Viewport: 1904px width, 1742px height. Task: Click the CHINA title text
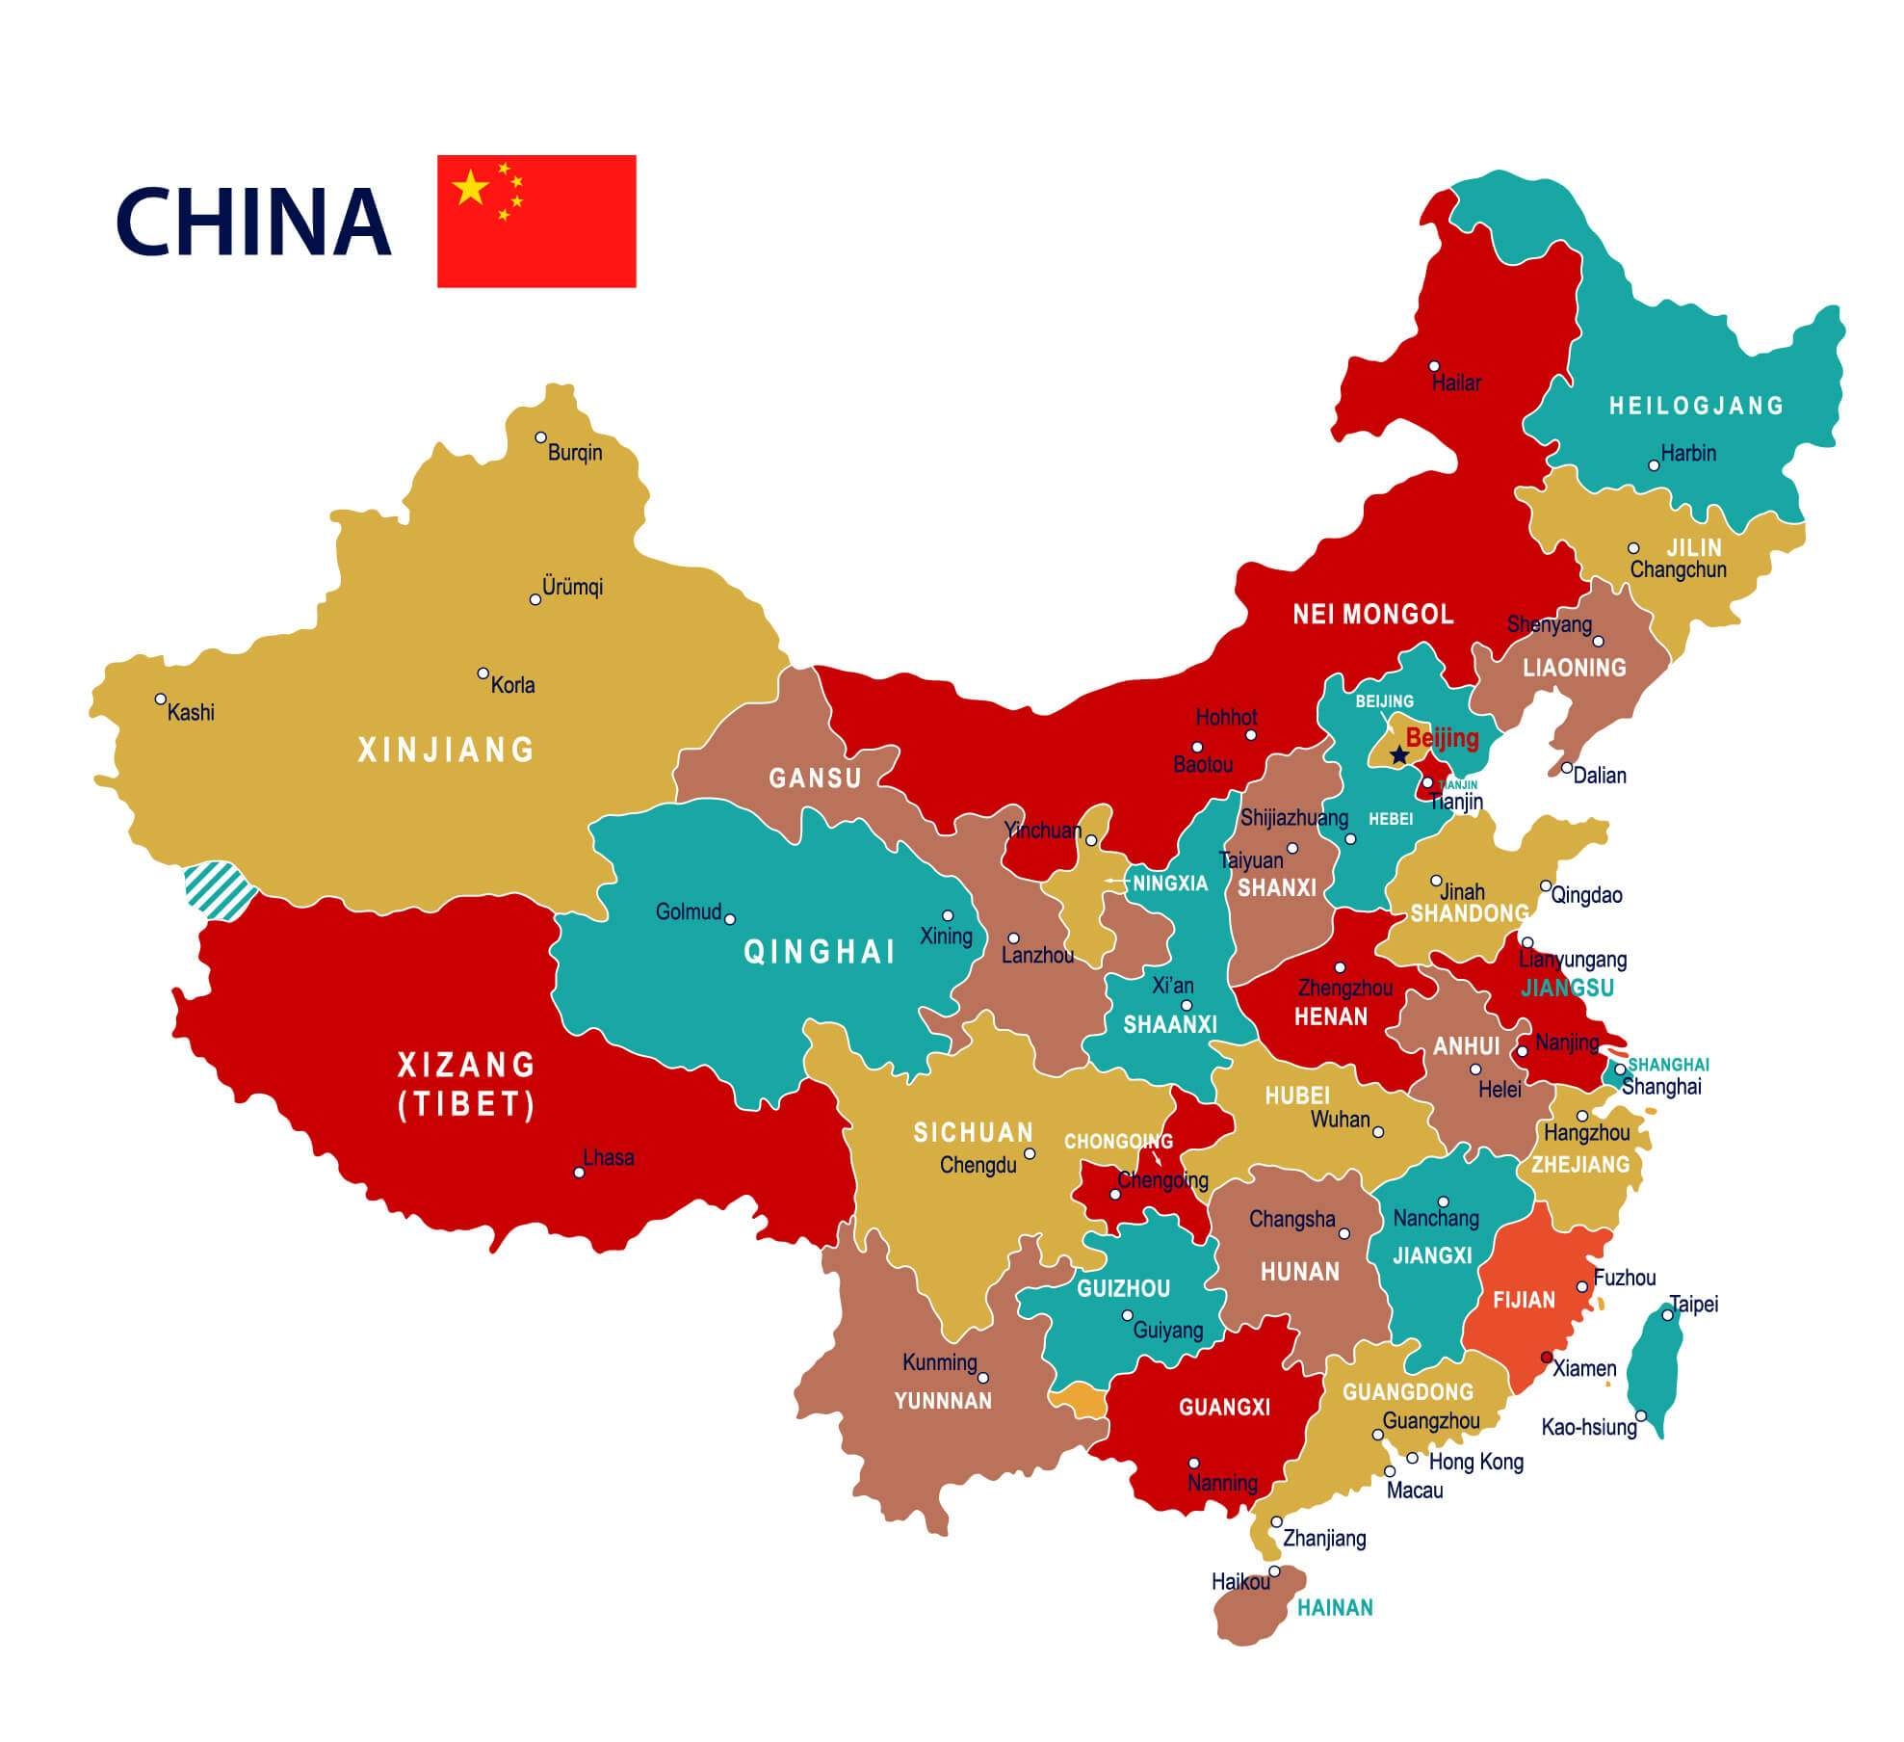pyautogui.click(x=253, y=221)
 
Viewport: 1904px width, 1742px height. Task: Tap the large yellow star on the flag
pyautogui.click(x=471, y=187)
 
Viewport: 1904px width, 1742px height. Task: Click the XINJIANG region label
pyautogui.click(x=446, y=750)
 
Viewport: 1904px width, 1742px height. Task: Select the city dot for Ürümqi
pyautogui.click(x=535, y=599)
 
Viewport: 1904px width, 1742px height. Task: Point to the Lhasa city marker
pyautogui.click(x=579, y=1173)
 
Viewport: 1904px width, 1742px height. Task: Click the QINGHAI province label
pyautogui.click(x=821, y=952)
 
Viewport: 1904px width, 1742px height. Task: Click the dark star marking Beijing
pyautogui.click(x=1398, y=756)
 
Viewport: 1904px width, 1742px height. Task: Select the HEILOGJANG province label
pyautogui.click(x=1697, y=406)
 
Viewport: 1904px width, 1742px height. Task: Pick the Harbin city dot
pyautogui.click(x=1654, y=465)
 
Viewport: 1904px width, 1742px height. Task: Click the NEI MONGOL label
pyautogui.click(x=1373, y=614)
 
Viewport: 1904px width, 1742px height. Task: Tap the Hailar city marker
pyautogui.click(x=1434, y=366)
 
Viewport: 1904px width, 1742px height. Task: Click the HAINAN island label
pyautogui.click(x=1335, y=1607)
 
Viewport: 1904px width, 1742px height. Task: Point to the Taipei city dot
pyautogui.click(x=1668, y=1315)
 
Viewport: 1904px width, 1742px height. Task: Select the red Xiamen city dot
pyautogui.click(x=1547, y=1357)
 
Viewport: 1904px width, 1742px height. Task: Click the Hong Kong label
pyautogui.click(x=1475, y=1463)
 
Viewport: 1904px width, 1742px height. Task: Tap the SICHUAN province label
pyautogui.click(x=973, y=1132)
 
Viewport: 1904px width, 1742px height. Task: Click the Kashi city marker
pyautogui.click(x=161, y=699)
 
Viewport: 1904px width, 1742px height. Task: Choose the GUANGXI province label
pyautogui.click(x=1224, y=1407)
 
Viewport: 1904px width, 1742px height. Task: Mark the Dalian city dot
pyautogui.click(x=1567, y=768)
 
